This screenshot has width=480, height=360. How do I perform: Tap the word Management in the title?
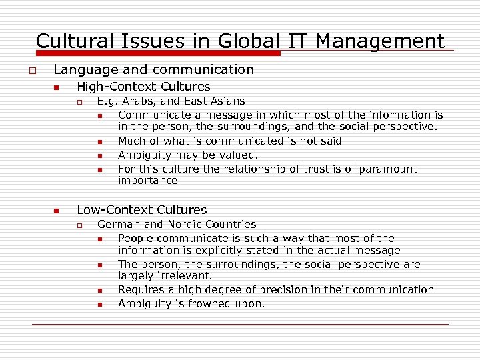click(x=380, y=41)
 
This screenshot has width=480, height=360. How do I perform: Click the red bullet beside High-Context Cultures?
click(x=57, y=88)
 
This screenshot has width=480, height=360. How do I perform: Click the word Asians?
click(x=227, y=101)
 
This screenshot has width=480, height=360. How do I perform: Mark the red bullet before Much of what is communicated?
click(x=99, y=141)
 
